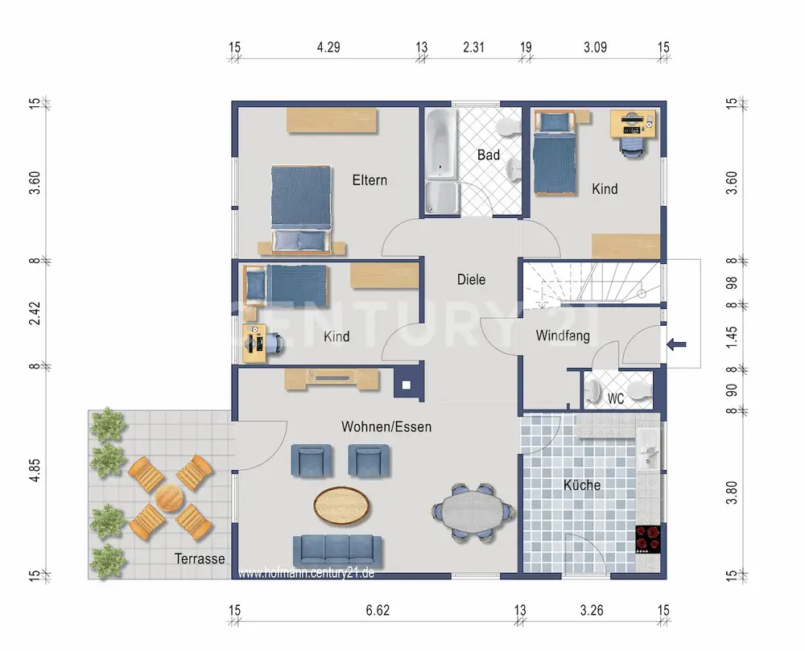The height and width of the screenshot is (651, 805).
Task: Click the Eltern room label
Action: (369, 180)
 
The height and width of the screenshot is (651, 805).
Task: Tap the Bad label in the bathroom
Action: (489, 155)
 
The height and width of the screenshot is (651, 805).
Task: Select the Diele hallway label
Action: (471, 279)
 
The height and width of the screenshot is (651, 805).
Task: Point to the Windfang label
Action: (563, 336)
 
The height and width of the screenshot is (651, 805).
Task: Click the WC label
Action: (616, 398)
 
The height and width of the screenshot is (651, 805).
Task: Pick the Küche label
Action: (582, 484)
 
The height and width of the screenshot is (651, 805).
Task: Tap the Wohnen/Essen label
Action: (386, 426)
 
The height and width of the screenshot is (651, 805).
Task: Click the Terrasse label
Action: (200, 558)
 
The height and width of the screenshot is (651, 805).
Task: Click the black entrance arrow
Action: (676, 344)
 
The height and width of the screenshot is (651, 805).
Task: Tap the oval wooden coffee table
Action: (341, 505)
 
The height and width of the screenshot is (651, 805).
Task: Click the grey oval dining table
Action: (473, 512)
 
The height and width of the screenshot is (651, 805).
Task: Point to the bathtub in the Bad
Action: (441, 144)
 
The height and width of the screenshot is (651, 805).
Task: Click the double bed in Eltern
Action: (301, 208)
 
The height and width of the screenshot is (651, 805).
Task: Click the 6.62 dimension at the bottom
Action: (378, 611)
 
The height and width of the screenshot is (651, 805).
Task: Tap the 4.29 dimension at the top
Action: (328, 47)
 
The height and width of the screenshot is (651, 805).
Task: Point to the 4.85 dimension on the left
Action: (34, 470)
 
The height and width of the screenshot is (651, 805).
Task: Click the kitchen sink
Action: (648, 450)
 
